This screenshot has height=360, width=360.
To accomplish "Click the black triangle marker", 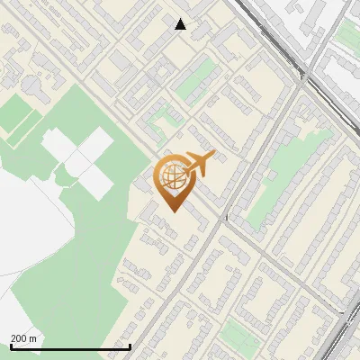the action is (x=181, y=24).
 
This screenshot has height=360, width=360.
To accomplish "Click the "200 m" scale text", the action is (x=23, y=337).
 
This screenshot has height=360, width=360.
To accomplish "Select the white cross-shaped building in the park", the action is (x=79, y=162).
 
